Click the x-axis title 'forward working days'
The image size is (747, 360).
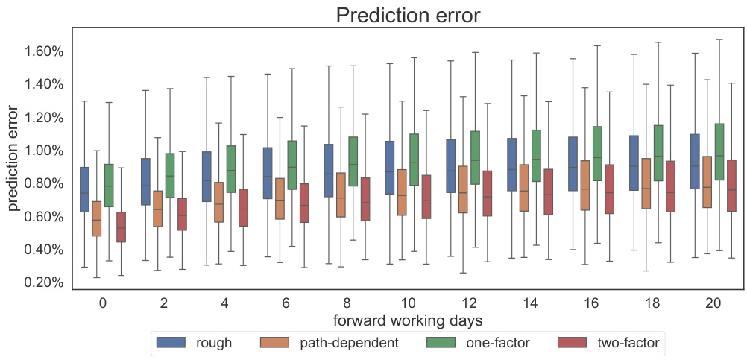(407, 320)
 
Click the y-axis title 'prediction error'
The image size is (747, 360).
(14, 158)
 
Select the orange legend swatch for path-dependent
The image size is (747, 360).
(275, 343)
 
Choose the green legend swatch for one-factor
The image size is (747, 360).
(441, 343)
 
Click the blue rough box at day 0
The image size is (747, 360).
(84, 189)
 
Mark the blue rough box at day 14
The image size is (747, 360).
(511, 164)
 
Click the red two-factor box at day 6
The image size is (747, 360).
(303, 203)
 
